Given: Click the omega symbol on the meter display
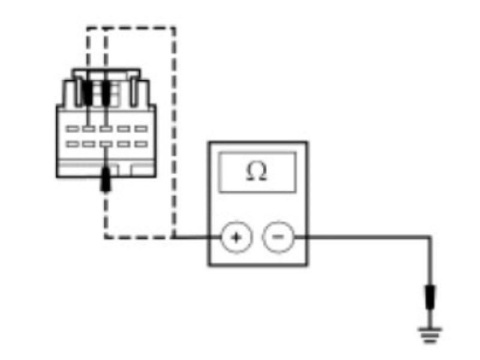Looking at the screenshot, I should click(x=257, y=172).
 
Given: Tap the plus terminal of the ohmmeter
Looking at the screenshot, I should click(x=235, y=238).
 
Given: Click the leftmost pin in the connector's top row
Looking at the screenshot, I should click(x=72, y=128).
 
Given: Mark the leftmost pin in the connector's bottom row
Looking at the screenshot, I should click(x=72, y=144).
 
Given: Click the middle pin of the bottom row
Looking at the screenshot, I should click(x=106, y=144).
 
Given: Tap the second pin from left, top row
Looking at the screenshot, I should click(x=89, y=128).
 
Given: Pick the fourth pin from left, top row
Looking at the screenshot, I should click(x=124, y=128).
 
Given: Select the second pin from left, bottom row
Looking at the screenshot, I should click(x=89, y=144).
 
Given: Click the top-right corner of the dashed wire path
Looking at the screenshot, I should click(x=175, y=28).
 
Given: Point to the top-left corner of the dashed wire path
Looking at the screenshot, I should click(x=88, y=28).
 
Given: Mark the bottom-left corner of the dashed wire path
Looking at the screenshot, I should click(x=106, y=238).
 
